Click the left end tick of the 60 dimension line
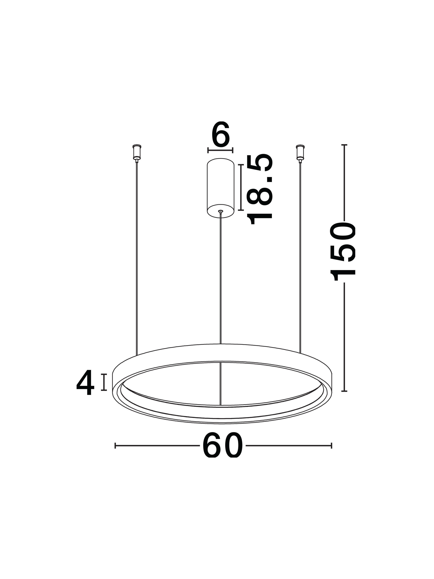click(x=115, y=446)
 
